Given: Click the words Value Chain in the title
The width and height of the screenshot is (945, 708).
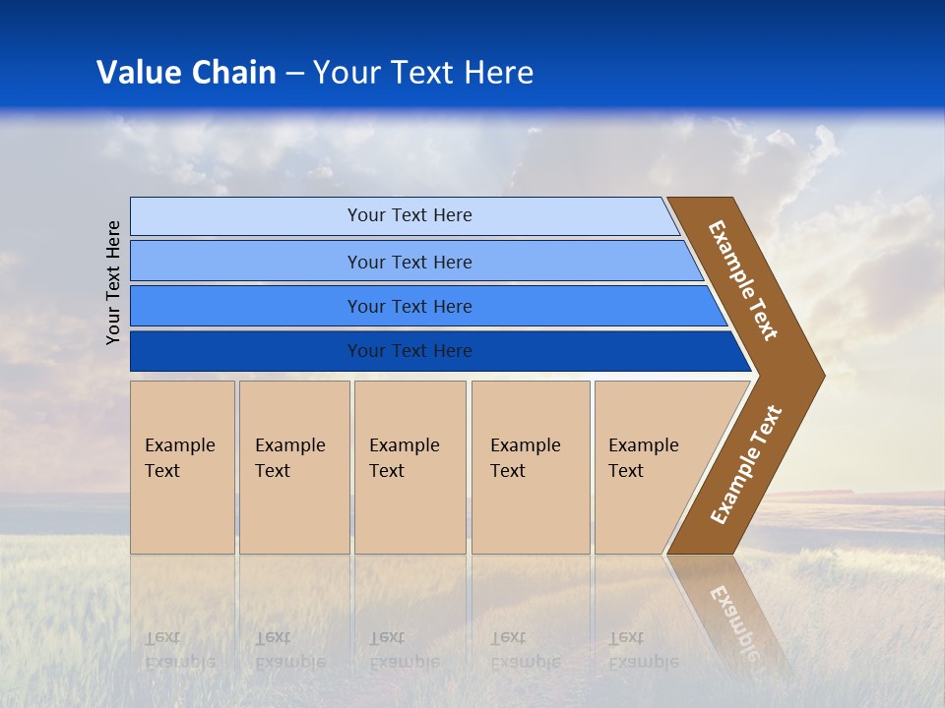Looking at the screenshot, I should coord(186,73).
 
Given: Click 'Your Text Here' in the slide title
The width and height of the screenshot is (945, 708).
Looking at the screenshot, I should coord(423,73).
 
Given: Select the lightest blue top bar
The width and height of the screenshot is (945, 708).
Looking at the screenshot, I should coord(246,216).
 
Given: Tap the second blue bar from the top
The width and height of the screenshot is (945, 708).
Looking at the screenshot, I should coord(246,262).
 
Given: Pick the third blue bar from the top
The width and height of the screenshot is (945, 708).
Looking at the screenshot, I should coord(246,306).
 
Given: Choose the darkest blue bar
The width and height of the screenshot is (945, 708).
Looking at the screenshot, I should coord(246,351).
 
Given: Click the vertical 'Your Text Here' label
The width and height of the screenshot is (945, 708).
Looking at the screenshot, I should coord(113,282).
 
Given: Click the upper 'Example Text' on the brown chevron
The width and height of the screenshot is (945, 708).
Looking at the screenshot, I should coord(743,280).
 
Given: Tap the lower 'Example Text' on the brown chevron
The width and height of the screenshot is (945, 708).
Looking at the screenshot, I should coord(745,465).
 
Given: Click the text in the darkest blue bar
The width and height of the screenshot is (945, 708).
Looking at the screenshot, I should coord(409,351).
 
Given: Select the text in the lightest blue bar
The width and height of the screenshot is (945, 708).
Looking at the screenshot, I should coord(409,215).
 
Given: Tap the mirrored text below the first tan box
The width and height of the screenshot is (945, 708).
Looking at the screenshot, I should coord(179,649).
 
